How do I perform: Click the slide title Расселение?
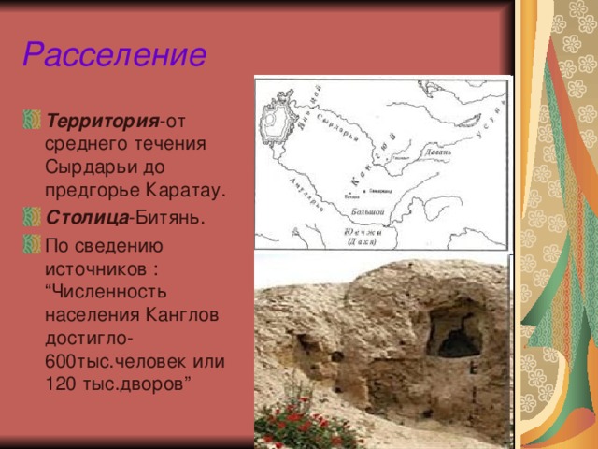click(x=114, y=54)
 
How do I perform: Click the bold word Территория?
click(x=102, y=123)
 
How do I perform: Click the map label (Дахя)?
click(x=361, y=242)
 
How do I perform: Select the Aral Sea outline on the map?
click(x=278, y=121)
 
